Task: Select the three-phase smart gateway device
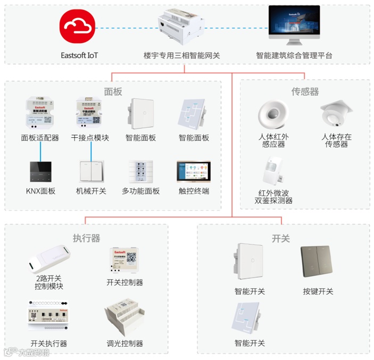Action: click(x=181, y=28)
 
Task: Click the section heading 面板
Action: click(x=112, y=91)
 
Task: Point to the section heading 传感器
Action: click(x=305, y=91)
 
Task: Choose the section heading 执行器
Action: click(x=86, y=238)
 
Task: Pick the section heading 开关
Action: click(x=280, y=238)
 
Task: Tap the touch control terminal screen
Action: click(x=194, y=172)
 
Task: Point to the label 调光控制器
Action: click(x=124, y=344)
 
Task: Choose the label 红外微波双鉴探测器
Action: click(x=273, y=196)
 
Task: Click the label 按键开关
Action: click(x=318, y=291)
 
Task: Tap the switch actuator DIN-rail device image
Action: click(x=49, y=317)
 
